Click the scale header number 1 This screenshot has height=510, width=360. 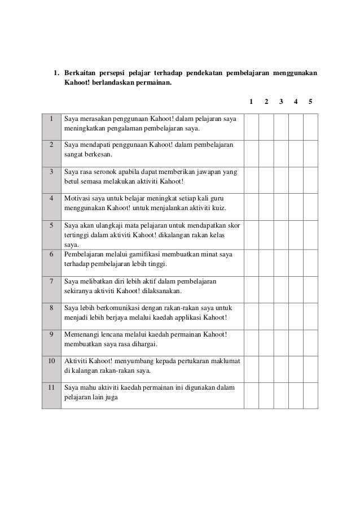(x=251, y=102)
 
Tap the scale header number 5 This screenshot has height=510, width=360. (x=310, y=102)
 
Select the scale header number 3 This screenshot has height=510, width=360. (x=280, y=102)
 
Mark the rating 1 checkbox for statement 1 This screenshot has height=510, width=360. (x=252, y=125)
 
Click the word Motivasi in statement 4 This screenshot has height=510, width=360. (x=78, y=199)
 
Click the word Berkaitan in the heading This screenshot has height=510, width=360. (x=79, y=73)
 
